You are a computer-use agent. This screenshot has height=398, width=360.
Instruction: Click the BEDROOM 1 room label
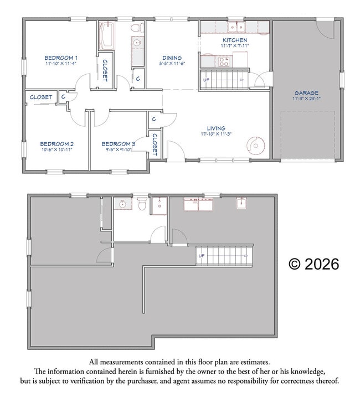(61, 58)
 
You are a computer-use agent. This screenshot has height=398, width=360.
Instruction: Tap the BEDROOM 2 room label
(58, 144)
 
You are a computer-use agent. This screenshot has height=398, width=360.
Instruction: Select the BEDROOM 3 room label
(119, 144)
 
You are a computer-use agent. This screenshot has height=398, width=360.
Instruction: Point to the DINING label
(172, 58)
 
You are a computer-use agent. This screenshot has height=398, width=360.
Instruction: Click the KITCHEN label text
(235, 40)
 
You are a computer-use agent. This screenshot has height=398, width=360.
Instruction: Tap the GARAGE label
(306, 93)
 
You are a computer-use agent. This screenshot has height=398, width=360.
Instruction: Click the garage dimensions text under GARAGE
(306, 99)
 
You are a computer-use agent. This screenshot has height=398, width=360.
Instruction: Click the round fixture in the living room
(255, 146)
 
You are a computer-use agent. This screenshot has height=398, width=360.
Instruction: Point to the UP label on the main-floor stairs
(207, 80)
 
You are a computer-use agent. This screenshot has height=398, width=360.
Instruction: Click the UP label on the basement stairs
(202, 256)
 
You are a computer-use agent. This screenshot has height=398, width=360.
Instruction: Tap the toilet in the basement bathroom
(142, 205)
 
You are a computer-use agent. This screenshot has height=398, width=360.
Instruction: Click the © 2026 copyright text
(313, 264)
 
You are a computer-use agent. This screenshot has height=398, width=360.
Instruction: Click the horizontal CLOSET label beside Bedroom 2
(41, 97)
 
